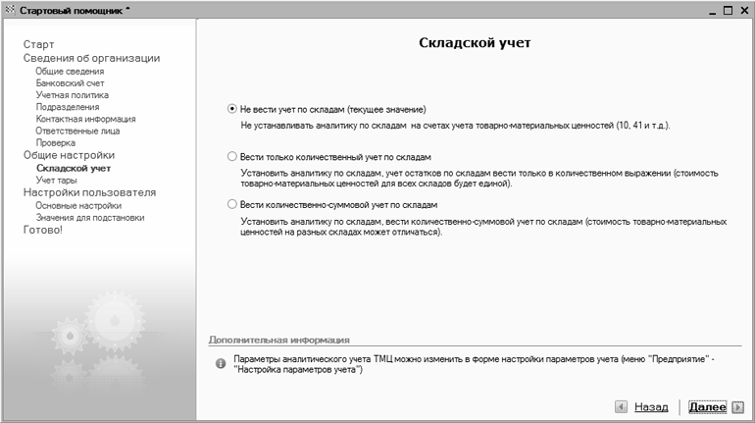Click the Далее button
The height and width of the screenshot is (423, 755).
point(707,406)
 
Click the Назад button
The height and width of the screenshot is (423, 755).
point(650,406)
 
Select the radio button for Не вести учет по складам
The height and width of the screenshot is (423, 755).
point(231,109)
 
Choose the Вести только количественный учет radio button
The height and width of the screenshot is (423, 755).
point(231,156)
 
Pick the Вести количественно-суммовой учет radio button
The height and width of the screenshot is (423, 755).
point(231,204)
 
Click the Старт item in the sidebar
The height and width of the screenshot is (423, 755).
point(39,44)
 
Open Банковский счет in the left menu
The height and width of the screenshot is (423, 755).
point(70,83)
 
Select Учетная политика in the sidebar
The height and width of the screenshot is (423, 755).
point(72,95)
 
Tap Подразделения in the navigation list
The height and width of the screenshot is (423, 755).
point(67,107)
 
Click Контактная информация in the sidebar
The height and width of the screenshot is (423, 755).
point(85,119)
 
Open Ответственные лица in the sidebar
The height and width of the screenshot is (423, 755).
point(77,131)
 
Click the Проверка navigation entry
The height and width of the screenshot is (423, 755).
point(55,142)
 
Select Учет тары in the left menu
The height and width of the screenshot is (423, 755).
point(57,181)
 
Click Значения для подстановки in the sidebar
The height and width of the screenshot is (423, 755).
point(89,218)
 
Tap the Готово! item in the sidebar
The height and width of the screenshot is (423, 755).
point(43,230)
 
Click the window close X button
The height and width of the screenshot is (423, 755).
point(743,10)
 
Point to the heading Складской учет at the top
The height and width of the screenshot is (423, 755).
point(475,44)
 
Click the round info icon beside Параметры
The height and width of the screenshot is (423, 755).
point(221,364)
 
